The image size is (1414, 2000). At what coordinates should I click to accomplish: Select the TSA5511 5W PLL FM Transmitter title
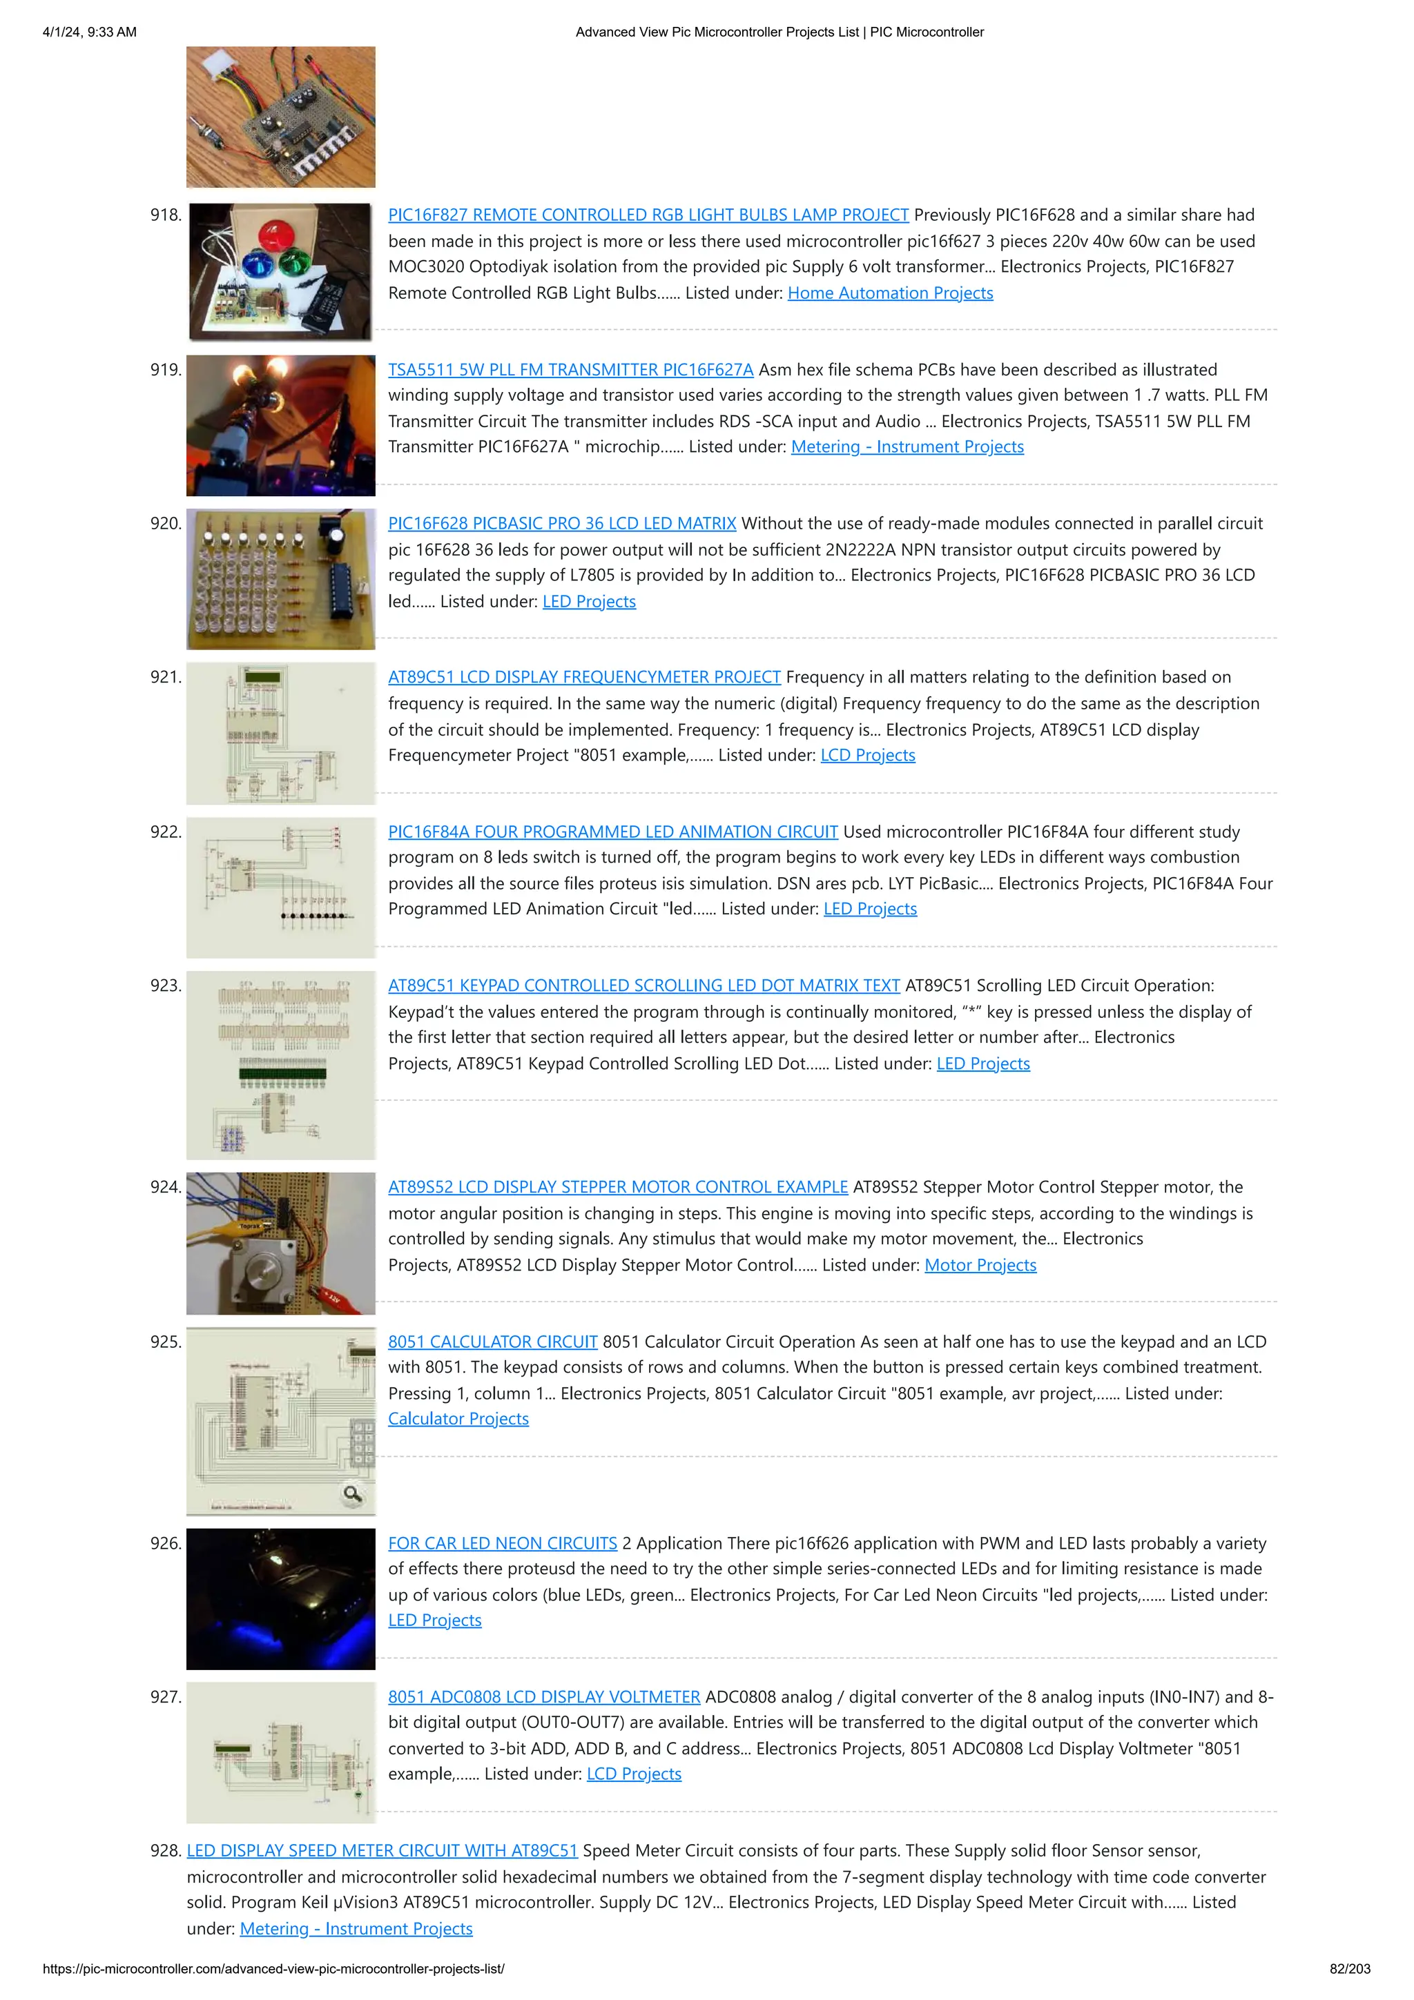click(571, 370)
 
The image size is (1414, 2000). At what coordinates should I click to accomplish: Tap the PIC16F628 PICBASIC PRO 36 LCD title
click(562, 524)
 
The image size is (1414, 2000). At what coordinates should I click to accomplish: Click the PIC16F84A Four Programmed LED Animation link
click(612, 832)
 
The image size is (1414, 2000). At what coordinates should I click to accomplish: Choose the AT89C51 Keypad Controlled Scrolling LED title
click(644, 986)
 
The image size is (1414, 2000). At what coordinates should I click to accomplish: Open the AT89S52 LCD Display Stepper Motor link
click(618, 1187)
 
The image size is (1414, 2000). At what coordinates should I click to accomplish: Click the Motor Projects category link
click(980, 1266)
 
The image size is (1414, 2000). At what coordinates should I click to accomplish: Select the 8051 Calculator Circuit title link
click(493, 1342)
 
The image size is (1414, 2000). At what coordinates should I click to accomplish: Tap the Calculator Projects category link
click(458, 1419)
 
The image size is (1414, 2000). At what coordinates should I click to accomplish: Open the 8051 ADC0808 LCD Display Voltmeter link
click(543, 1697)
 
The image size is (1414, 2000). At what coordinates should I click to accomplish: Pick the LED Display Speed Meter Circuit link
click(382, 1851)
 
